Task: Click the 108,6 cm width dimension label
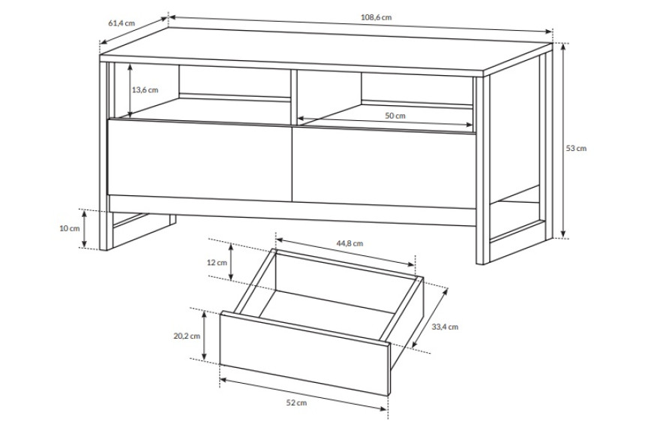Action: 376,17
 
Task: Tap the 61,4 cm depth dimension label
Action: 121,23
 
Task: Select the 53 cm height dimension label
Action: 576,148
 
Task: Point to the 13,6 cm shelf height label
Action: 145,90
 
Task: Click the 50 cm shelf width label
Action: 395,116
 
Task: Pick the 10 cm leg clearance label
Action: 70,228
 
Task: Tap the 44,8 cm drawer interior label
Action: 349,243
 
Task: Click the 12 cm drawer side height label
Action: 217,262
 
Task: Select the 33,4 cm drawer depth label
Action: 445,327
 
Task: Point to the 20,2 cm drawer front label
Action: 187,336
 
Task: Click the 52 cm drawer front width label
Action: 296,402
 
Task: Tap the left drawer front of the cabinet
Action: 199,160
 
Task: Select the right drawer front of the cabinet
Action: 384,167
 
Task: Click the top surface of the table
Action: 325,51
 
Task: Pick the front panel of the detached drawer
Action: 304,354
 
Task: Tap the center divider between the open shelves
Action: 294,97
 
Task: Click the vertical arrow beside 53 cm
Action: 563,140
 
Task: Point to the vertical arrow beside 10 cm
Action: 84,228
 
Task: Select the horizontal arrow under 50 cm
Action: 385,122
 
